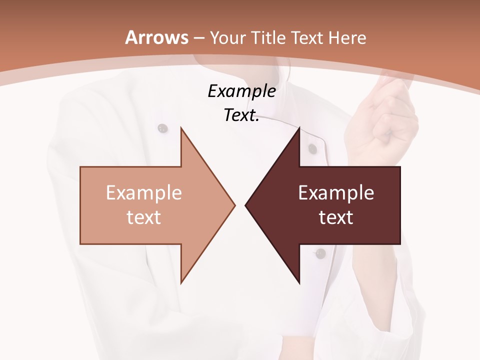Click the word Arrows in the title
(x=156, y=37)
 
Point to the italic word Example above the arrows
(x=241, y=91)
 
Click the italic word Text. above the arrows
(x=241, y=115)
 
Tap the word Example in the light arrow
(x=143, y=192)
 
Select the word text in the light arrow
(x=143, y=217)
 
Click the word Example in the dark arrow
(x=336, y=192)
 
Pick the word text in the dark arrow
(x=336, y=217)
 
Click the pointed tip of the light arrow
(x=234, y=205)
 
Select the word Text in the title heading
(x=306, y=38)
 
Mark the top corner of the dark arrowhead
(x=299, y=128)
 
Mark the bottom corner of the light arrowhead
(x=181, y=282)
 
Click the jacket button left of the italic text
(x=162, y=128)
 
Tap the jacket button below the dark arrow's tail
(x=321, y=253)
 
